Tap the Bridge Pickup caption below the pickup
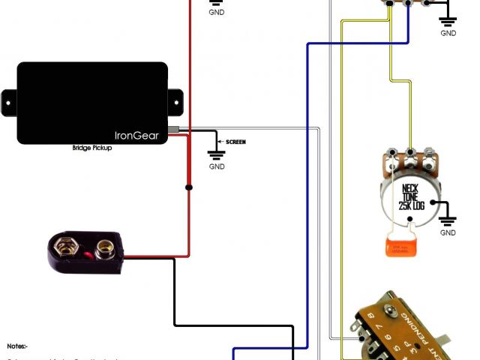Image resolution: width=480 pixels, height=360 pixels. [x=92, y=148]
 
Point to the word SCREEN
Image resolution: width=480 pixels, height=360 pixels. [x=235, y=142]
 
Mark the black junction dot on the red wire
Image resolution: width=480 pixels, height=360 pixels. [x=189, y=187]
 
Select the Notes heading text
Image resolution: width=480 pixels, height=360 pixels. [x=17, y=346]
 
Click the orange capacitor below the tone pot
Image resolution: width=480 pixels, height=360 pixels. [x=399, y=247]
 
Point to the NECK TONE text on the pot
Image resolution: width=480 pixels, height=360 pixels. [x=410, y=192]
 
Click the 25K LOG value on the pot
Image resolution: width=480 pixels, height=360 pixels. [x=411, y=204]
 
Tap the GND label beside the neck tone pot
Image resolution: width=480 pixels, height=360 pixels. [x=448, y=233]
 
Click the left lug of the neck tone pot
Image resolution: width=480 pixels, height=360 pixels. [x=391, y=156]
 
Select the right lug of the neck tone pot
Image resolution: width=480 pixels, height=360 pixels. [x=429, y=156]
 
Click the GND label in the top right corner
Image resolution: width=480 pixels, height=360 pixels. [x=448, y=33]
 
